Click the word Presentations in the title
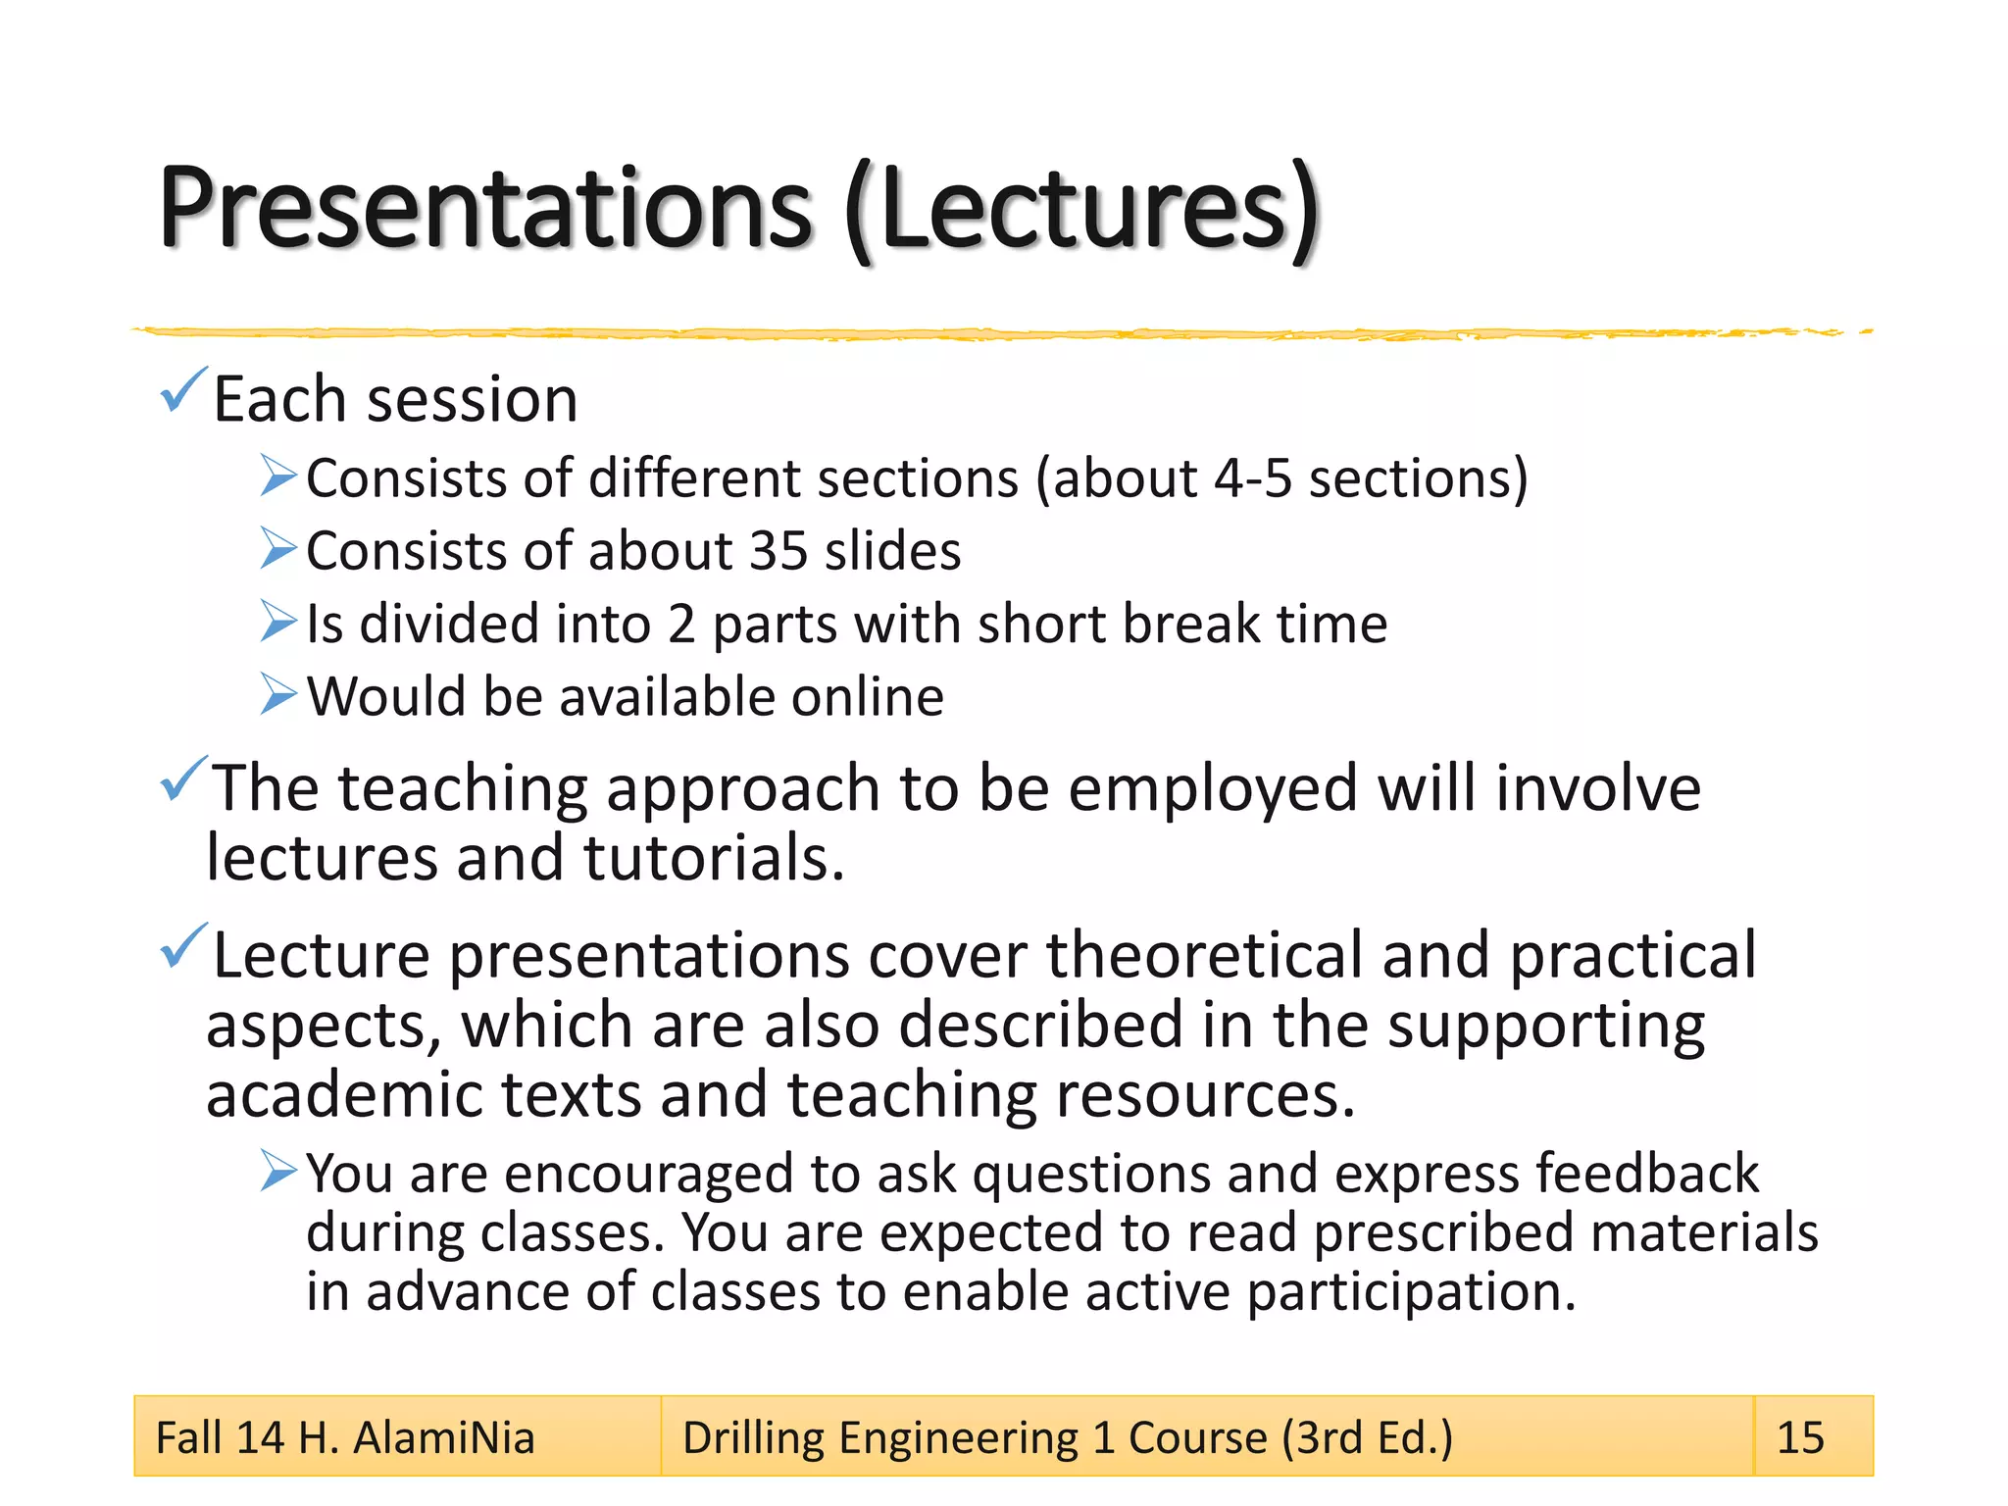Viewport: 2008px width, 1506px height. click(x=485, y=208)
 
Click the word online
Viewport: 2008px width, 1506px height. click(x=867, y=697)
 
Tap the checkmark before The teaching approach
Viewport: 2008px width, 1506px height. click(x=183, y=778)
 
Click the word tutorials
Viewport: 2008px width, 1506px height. click(x=713, y=859)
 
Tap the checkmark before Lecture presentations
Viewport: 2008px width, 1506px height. click(x=183, y=946)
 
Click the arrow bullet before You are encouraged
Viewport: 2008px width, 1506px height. click(x=278, y=1171)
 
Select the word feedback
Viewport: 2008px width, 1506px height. click(x=1647, y=1174)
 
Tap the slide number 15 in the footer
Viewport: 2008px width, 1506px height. click(x=1800, y=1438)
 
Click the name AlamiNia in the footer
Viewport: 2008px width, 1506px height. click(x=443, y=1438)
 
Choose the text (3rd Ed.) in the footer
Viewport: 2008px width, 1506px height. click(x=1367, y=1438)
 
